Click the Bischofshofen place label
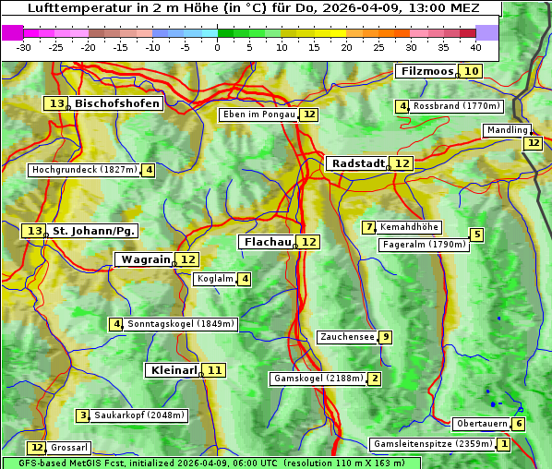tap(117, 104)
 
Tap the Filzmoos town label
tap(426, 71)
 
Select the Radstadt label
tap(357, 163)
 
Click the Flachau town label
tap(266, 242)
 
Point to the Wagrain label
tap(145, 259)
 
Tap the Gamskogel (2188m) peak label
tap(318, 379)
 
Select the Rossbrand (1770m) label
tap(456, 106)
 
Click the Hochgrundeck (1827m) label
tap(84, 170)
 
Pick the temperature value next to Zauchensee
tap(386, 337)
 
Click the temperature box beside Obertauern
tap(519, 424)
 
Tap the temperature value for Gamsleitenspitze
tap(503, 444)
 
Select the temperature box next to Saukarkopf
tap(83, 415)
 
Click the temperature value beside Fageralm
tap(476, 234)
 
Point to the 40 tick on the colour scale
tap(475, 46)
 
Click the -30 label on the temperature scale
tap(24, 46)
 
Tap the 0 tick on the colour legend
tap(218, 46)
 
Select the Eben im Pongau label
tap(258, 114)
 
